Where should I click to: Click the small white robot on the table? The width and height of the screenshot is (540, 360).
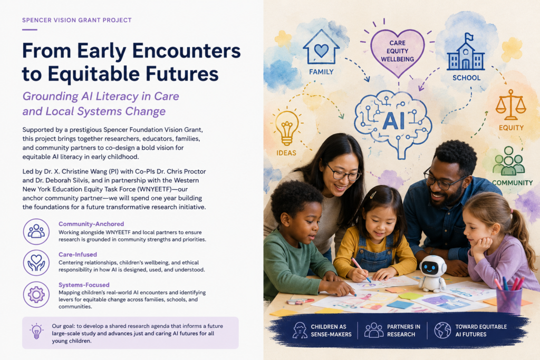[x=432, y=273]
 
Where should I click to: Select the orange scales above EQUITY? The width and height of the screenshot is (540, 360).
[x=510, y=105]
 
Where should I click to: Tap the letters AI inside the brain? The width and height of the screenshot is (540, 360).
[x=393, y=121]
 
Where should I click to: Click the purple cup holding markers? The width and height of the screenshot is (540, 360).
[x=509, y=300]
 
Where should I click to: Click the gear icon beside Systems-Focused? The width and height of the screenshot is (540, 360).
[x=36, y=295]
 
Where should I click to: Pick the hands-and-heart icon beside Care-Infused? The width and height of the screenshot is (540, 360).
[x=36, y=263]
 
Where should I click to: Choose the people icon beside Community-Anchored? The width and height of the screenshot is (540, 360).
[x=36, y=231]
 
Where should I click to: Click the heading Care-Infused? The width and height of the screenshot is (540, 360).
[x=78, y=255]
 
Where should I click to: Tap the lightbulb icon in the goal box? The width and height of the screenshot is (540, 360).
[x=36, y=332]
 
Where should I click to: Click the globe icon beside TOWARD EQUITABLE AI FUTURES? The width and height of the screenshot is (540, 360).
[x=442, y=330]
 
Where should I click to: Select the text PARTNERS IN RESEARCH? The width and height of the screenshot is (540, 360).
[x=403, y=330]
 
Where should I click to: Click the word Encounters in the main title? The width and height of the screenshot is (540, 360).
[x=186, y=51]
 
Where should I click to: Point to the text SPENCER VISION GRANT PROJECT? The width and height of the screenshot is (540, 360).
[x=77, y=20]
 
